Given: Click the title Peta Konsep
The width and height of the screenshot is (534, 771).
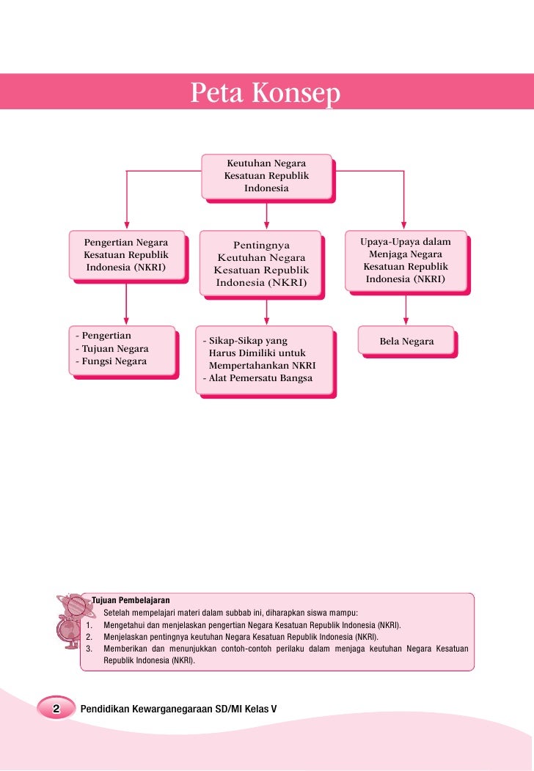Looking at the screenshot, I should click(x=266, y=94).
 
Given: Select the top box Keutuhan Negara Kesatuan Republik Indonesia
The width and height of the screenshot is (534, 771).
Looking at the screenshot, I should click(x=266, y=176).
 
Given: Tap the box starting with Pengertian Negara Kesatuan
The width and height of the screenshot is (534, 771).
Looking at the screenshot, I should click(x=126, y=255).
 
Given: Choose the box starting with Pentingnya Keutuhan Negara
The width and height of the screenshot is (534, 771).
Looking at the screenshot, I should click(x=262, y=264).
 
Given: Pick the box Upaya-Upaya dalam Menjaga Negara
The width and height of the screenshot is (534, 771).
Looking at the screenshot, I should click(x=406, y=261).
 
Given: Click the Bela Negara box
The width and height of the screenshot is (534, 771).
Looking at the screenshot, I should click(x=406, y=342).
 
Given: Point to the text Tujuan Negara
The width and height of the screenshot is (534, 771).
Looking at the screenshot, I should click(x=114, y=349).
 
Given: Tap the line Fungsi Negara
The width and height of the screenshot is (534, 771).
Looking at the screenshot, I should click(x=114, y=361).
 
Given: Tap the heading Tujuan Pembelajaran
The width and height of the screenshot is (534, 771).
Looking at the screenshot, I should click(x=130, y=601).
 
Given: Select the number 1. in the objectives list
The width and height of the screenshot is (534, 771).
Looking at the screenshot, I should click(x=89, y=626).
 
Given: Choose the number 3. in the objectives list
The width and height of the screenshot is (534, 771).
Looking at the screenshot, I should click(x=89, y=649).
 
